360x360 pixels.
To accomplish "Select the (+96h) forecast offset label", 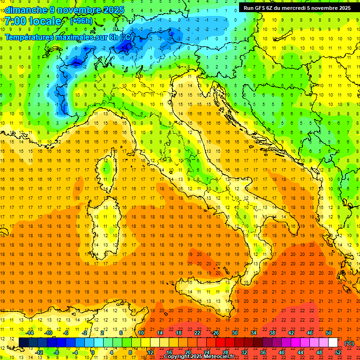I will (x=81, y=21).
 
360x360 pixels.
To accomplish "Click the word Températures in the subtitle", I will (x=28, y=37).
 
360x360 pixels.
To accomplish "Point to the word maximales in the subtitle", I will (x=72, y=37).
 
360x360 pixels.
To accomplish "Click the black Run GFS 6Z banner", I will (x=297, y=8).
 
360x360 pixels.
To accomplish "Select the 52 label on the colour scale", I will (x=338, y=352).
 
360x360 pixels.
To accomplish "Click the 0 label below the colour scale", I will (x=93, y=352).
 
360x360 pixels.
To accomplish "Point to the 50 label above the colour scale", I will (x=329, y=333).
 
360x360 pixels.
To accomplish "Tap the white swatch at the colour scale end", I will (x=333, y=342).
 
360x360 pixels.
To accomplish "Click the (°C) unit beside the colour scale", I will (x=349, y=343).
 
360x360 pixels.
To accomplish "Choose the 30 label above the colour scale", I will (x=235, y=333).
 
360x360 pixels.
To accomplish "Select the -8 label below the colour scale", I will (x=56, y=352).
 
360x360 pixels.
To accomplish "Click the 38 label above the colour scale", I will (x=272, y=333).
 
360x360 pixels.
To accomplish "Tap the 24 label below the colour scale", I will (x=207, y=352).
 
